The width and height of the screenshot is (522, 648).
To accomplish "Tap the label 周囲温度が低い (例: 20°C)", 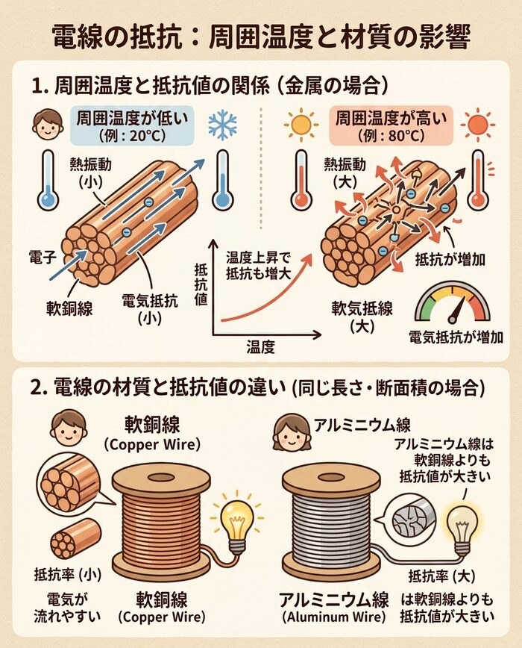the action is click(x=132, y=125).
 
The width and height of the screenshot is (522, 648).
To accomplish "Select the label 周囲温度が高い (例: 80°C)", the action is click(x=391, y=125).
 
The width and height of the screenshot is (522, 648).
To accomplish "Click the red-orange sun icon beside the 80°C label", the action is click(x=477, y=124).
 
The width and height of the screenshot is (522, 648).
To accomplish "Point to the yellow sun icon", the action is click(x=301, y=124).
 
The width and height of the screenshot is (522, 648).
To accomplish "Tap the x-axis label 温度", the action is click(x=260, y=346).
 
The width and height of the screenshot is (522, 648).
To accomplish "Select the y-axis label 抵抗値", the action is click(x=201, y=284).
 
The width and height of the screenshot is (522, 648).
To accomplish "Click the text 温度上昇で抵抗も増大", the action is click(x=258, y=266).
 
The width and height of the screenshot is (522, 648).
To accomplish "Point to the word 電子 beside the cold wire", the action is click(x=43, y=258).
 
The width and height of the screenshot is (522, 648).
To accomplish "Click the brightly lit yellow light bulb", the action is click(x=236, y=522).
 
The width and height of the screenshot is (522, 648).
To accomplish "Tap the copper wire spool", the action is click(x=161, y=522).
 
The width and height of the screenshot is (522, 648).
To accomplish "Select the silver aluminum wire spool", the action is click(x=331, y=522).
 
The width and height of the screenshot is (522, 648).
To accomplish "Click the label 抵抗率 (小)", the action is click(x=68, y=574).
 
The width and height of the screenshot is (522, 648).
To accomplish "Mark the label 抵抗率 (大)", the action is click(x=442, y=576).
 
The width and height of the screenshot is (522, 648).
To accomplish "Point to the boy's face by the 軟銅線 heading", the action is click(x=69, y=428).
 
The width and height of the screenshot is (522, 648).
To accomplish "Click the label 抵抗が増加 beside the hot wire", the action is click(x=450, y=260).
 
